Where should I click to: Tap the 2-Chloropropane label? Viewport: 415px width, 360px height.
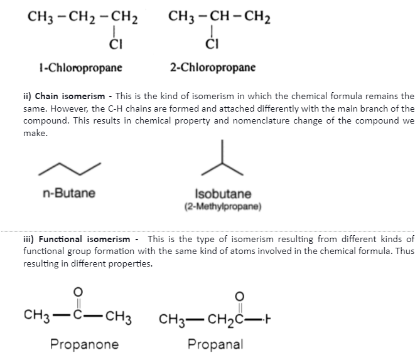pos(212,67)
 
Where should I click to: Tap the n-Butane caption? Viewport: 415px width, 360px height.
pos(69,194)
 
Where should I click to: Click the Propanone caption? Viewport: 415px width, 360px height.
pos(84,344)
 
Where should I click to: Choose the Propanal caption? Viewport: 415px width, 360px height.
pos(215,344)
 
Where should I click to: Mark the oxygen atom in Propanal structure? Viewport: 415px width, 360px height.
pos(239,296)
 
